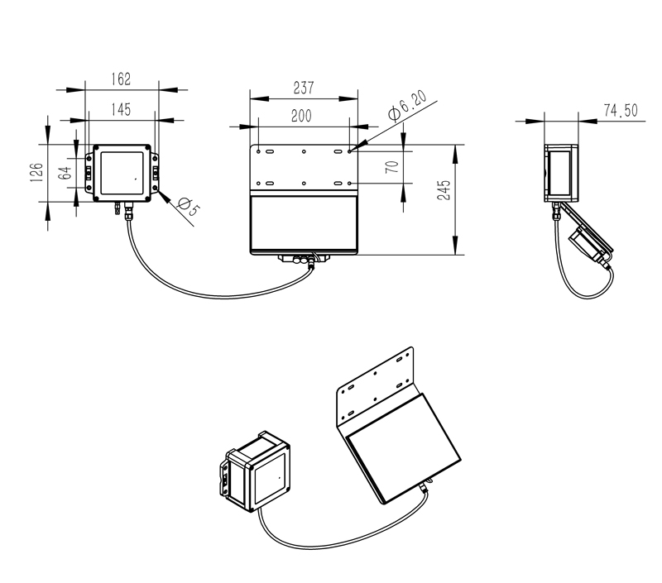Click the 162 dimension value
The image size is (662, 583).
coord(121,79)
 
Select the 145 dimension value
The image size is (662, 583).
coord(121,109)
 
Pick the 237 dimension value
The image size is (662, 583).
coord(304,88)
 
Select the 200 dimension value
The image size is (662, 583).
coord(301,117)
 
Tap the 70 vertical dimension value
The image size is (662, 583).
coord(392,165)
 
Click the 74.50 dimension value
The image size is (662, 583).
coord(619,112)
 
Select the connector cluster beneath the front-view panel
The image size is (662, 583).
coord(304,260)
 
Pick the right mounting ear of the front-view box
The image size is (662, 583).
coord(157,174)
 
